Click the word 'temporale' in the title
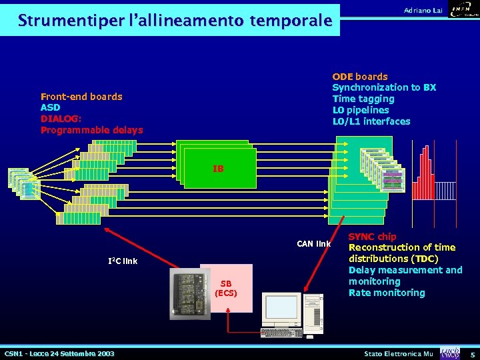(290, 21)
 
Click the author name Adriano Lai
(423, 10)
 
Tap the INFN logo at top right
(464, 10)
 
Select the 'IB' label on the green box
(218, 169)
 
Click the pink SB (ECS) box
(226, 288)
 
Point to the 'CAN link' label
(314, 243)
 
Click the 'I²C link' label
(123, 261)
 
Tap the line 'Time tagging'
(363, 99)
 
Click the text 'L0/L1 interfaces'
(371, 121)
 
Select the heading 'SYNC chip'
(372, 237)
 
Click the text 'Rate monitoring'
(387, 293)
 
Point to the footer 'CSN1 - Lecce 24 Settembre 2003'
(59, 353)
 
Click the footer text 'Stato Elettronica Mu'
(399, 353)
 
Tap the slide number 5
(472, 353)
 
